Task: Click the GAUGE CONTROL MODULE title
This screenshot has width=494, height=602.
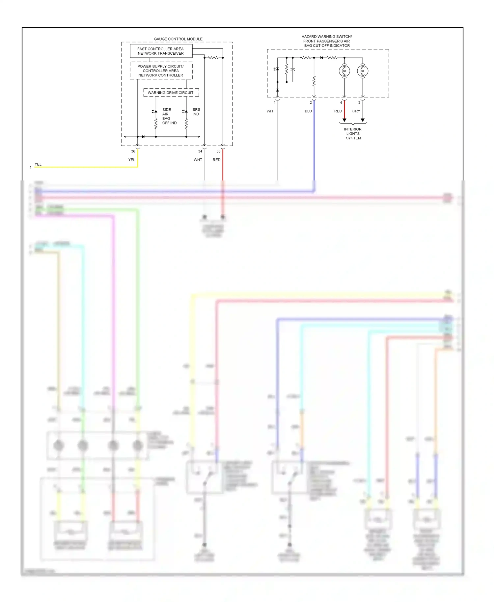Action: coord(178,39)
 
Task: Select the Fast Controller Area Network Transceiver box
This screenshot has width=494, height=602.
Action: coord(161,51)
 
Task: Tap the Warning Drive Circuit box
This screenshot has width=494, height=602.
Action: coord(171,93)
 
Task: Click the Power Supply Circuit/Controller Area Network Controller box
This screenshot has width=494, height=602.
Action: coord(161,71)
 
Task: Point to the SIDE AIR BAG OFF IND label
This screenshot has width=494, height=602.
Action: coord(169,116)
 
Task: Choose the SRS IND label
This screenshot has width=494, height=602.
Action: coord(196,112)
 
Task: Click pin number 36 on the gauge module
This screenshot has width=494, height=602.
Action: coord(133,151)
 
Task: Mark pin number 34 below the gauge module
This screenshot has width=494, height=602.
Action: coord(200,151)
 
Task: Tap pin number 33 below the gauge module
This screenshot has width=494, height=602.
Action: coord(218,151)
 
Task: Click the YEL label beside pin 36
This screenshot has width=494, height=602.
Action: coord(132,160)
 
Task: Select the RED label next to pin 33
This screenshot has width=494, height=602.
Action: coord(216,160)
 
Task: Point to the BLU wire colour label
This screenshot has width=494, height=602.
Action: coord(308,111)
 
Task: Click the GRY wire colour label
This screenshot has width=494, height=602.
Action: coord(356,111)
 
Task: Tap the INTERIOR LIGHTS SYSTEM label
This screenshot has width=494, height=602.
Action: coord(353,134)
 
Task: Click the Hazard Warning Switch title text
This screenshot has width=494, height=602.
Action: coord(327,41)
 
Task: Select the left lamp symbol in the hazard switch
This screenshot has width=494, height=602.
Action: coord(344,71)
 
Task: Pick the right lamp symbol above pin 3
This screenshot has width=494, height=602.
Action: coord(363,71)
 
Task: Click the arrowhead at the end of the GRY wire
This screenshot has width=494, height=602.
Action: coord(363,120)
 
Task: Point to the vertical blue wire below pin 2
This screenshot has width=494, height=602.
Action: coord(314,142)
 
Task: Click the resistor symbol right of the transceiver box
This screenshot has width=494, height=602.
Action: coord(213,58)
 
